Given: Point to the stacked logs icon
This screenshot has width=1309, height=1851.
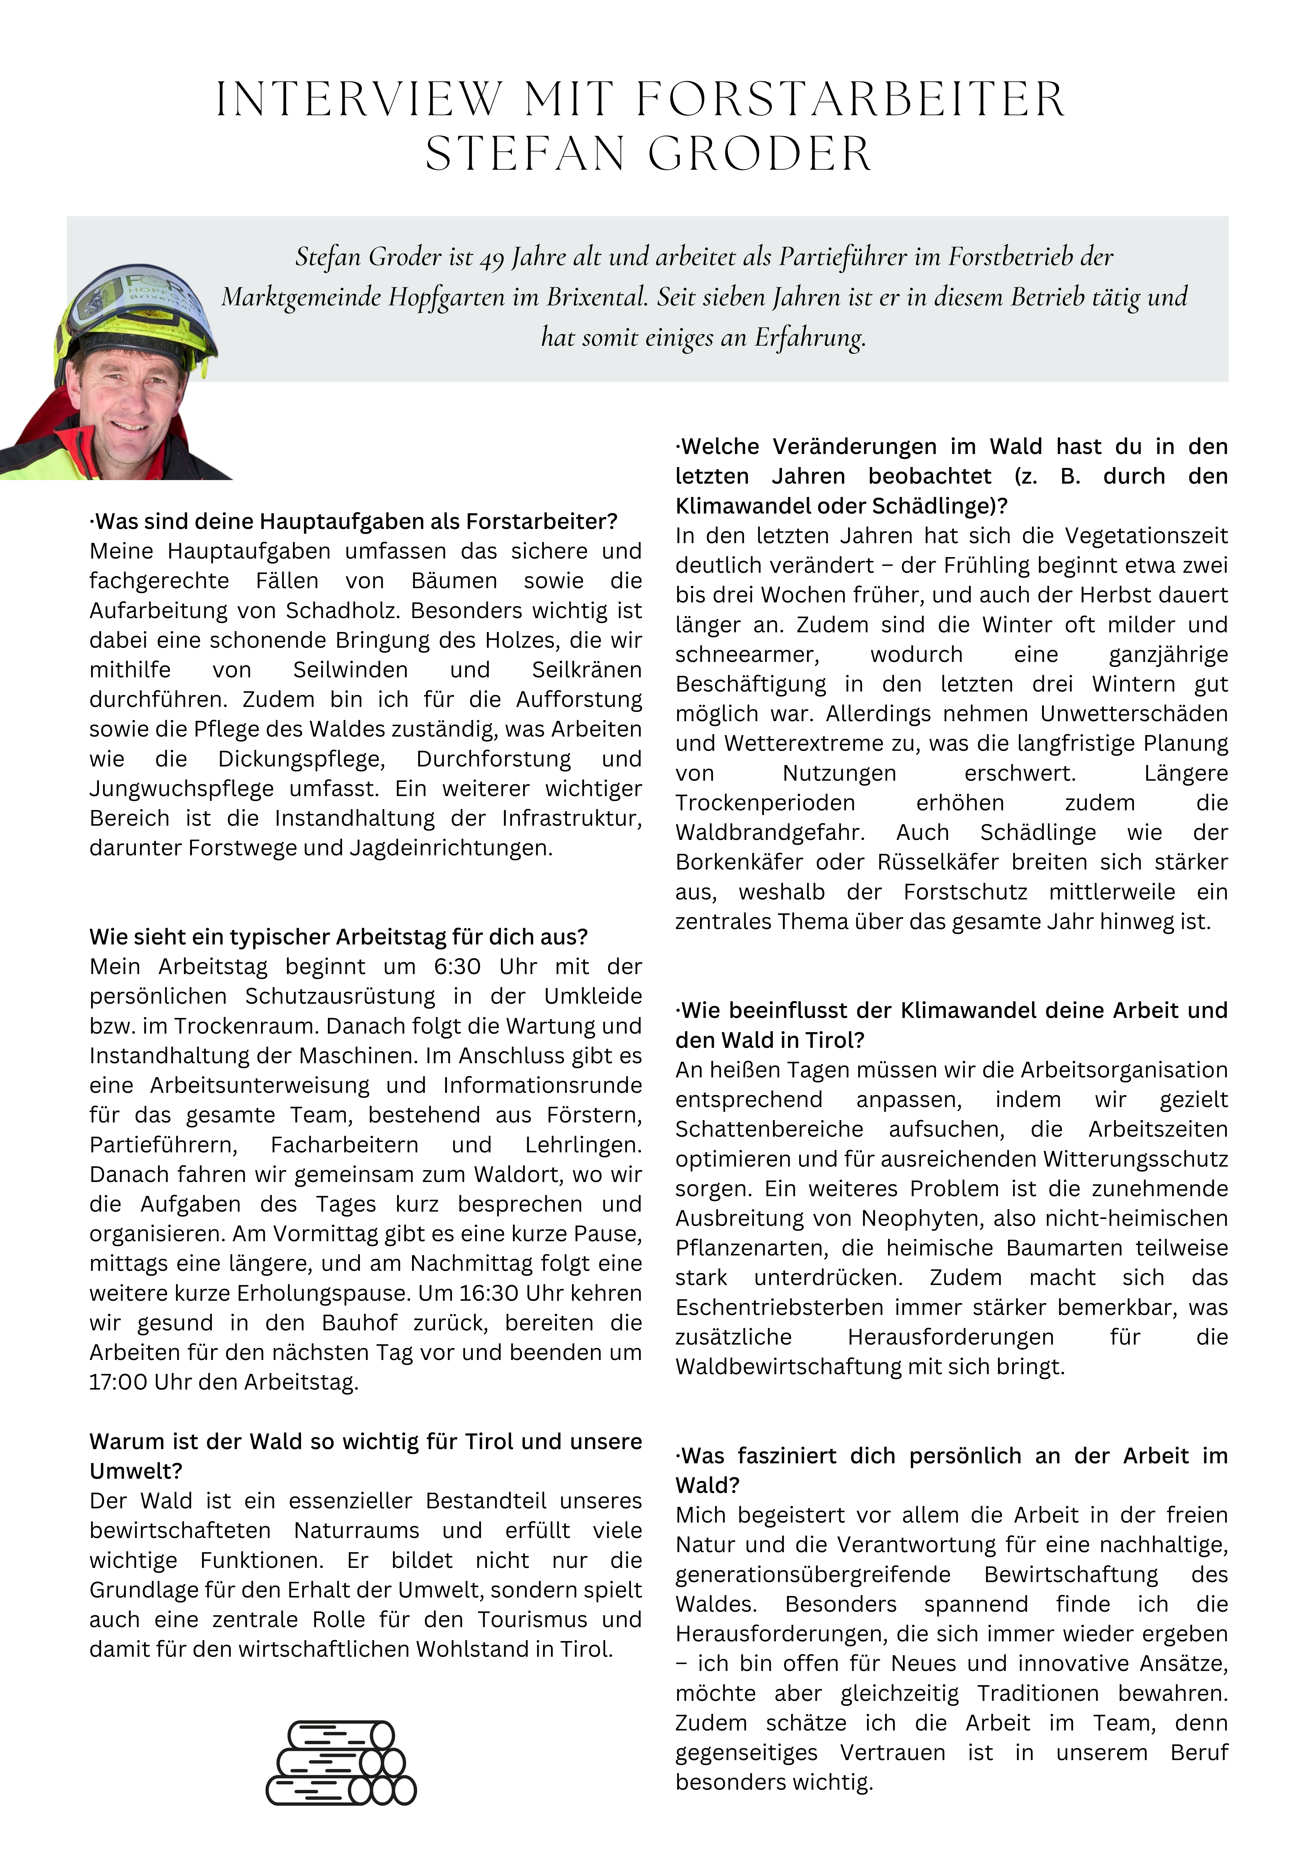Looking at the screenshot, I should click(341, 1763).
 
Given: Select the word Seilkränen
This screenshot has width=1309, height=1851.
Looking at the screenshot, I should click(586, 670).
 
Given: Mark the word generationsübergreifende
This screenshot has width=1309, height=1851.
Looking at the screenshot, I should click(813, 1574).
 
